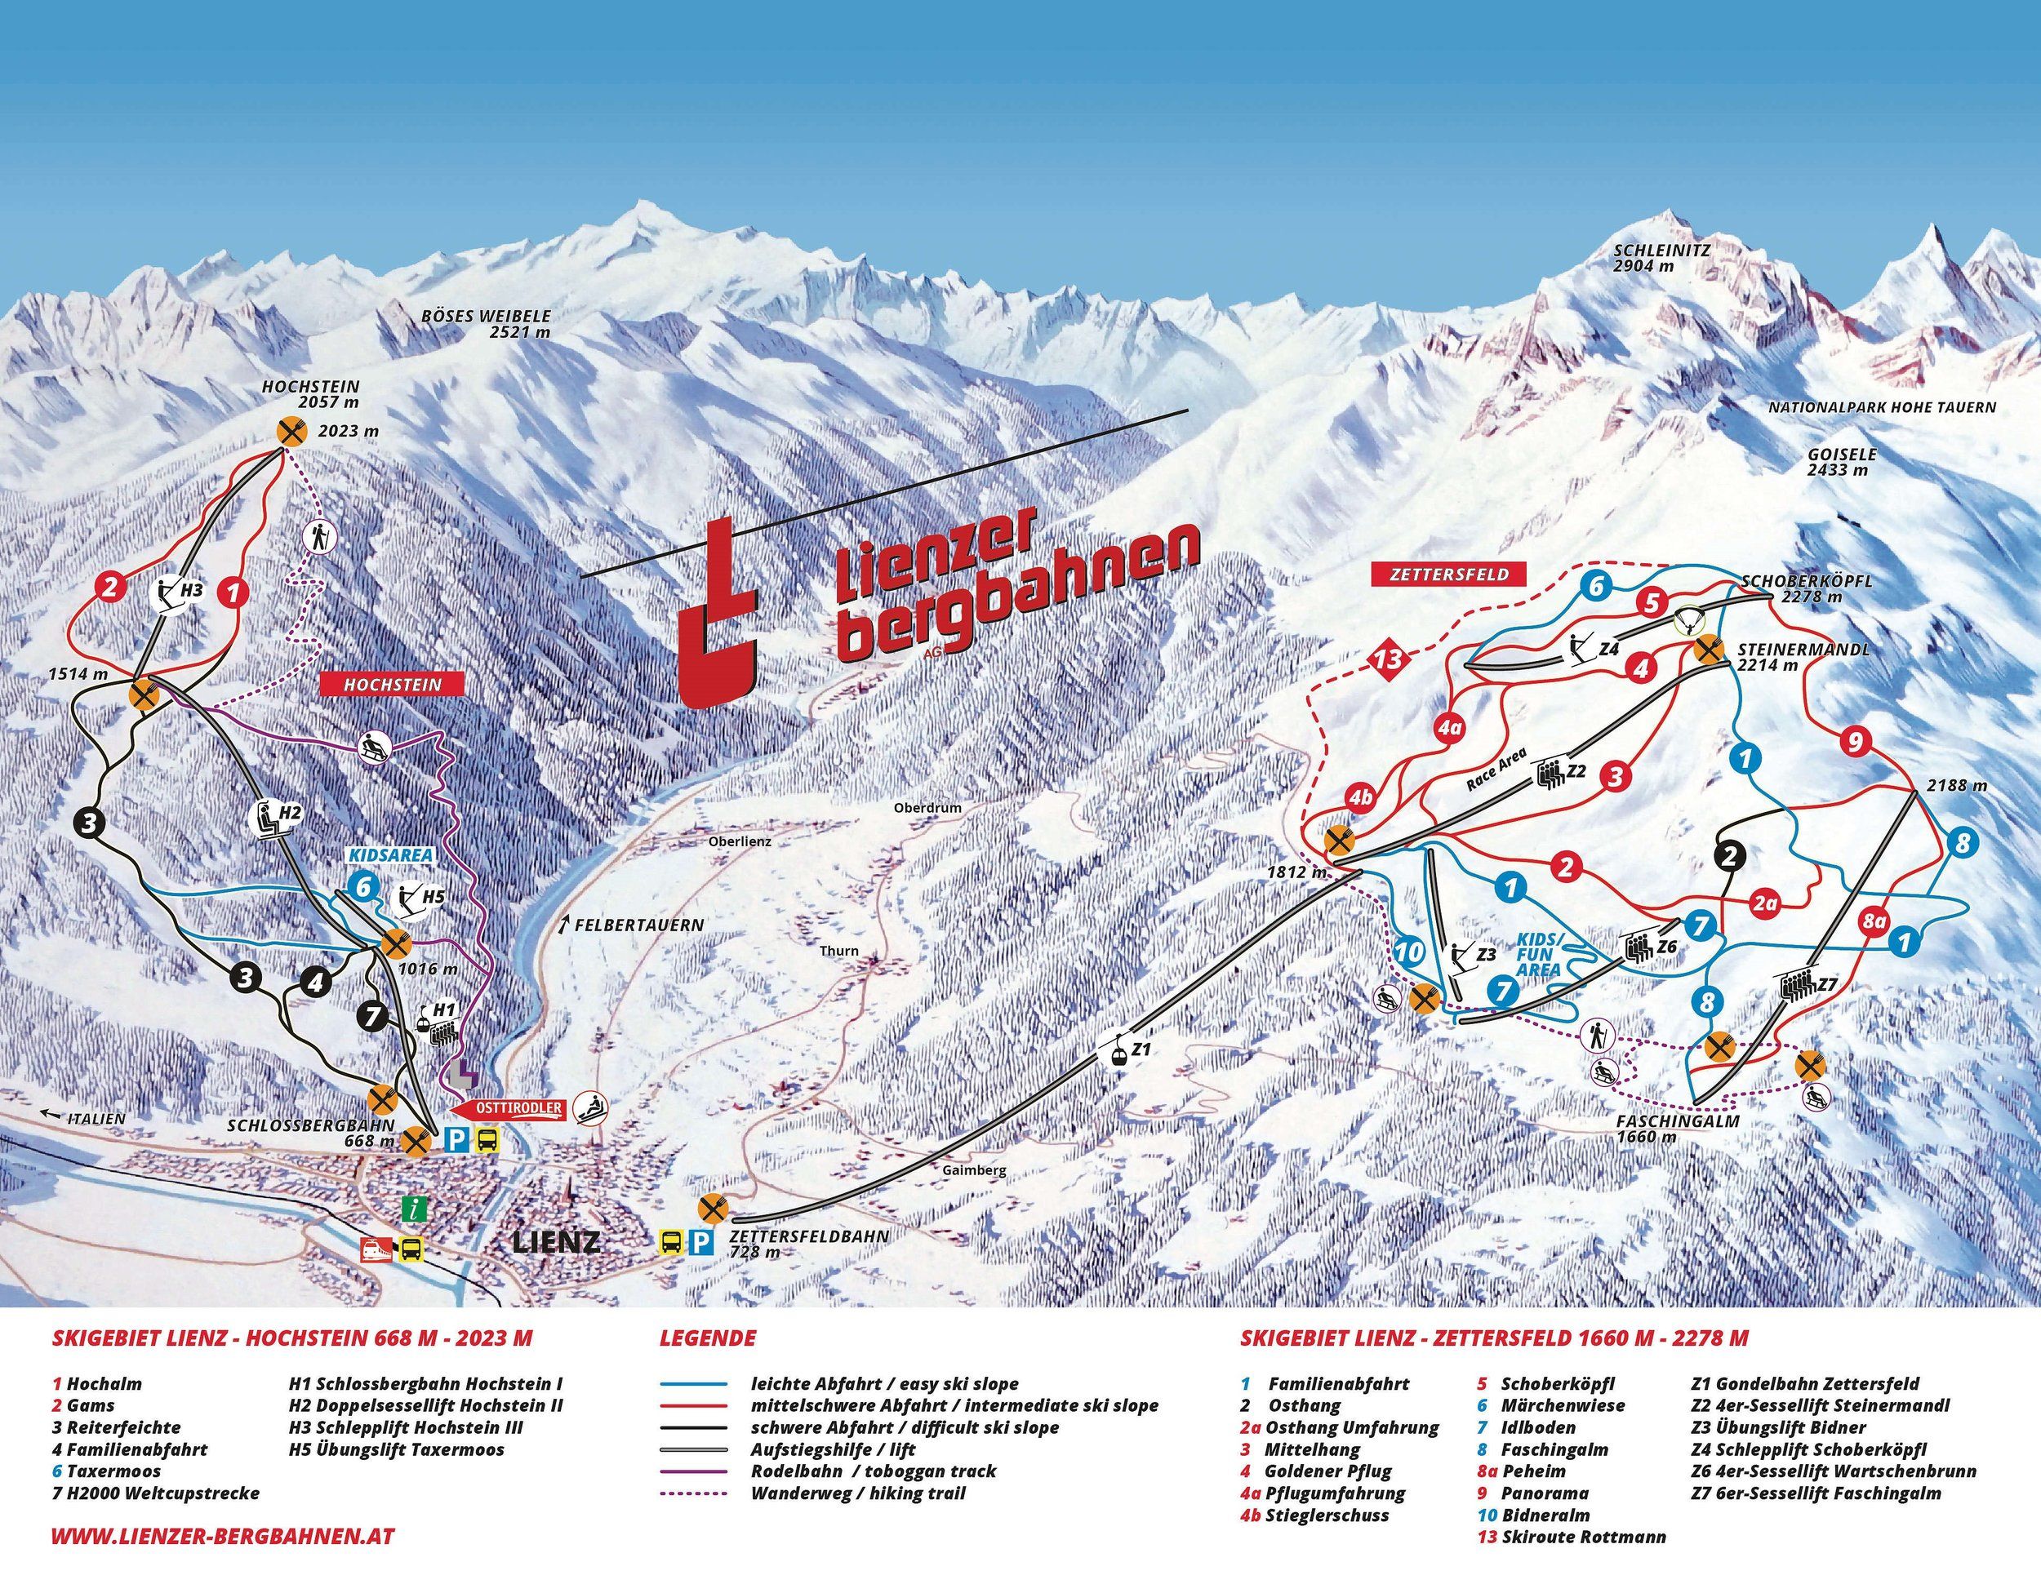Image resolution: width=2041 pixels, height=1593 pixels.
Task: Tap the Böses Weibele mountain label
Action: click(486, 323)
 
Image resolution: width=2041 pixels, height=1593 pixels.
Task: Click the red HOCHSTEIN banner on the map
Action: click(392, 684)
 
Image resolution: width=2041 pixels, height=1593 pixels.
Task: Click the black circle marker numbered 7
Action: click(372, 1018)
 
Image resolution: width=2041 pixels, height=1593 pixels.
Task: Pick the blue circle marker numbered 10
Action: click(1409, 952)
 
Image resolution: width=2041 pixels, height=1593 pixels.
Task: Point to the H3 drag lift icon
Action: click(168, 592)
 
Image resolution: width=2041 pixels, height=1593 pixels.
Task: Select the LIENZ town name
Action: click(555, 1243)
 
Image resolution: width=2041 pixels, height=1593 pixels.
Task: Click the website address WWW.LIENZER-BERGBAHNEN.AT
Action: click(222, 1536)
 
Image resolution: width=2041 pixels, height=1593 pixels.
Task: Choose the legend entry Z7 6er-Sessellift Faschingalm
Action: click(1815, 1493)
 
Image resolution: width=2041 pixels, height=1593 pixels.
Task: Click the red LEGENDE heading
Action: click(708, 1338)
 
